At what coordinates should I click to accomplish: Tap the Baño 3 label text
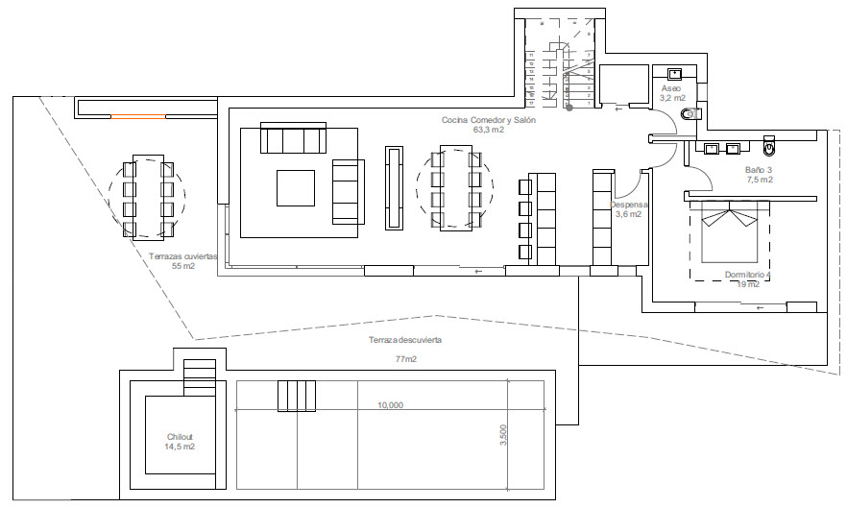coord(759,170)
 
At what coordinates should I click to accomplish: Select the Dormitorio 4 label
coord(747,275)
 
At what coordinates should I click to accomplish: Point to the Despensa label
coord(629,205)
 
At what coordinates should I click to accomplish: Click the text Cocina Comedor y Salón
coord(488,120)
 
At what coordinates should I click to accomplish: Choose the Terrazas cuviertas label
coord(183,256)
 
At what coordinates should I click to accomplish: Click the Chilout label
coord(180,437)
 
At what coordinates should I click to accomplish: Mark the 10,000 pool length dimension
coord(390,405)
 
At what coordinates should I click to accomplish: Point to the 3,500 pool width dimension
coord(503,435)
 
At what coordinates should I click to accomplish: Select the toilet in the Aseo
coord(688,114)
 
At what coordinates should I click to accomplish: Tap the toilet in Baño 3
coord(768,149)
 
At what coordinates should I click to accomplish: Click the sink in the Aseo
coord(674,73)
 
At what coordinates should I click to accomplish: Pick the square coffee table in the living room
coord(296,187)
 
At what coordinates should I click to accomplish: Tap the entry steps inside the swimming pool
coord(297,395)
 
